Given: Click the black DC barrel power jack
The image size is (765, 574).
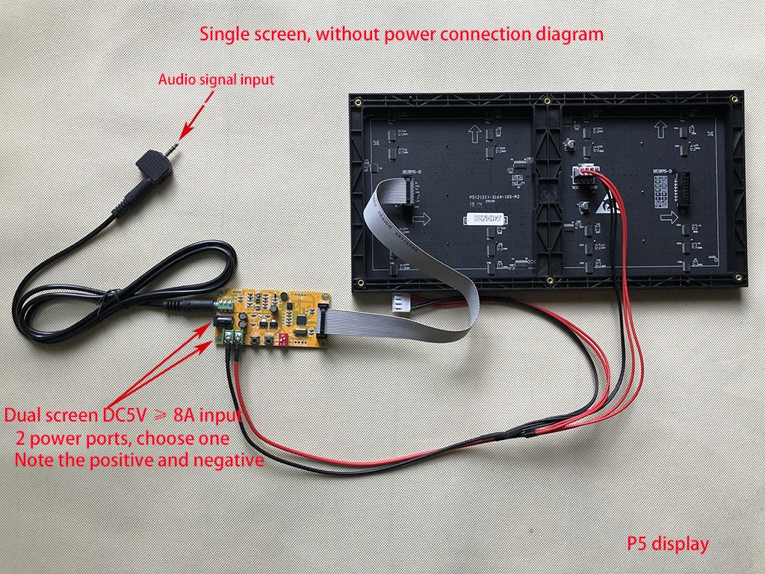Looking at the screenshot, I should (223, 320).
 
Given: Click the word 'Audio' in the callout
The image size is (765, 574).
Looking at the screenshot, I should (176, 79).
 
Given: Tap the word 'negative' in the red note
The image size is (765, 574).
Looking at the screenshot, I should (229, 460).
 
